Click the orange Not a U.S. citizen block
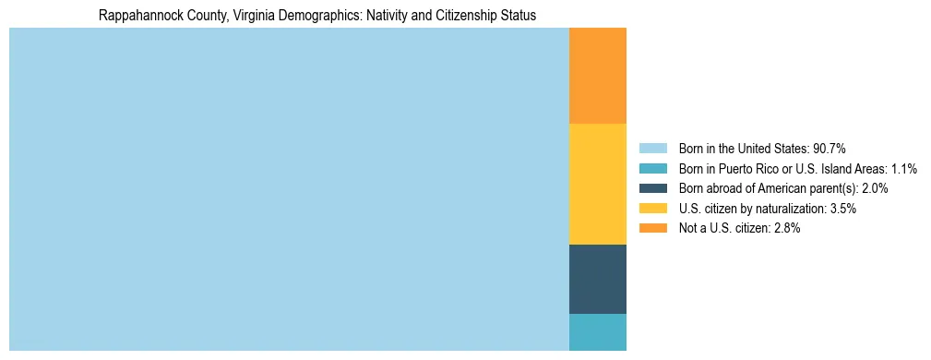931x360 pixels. [x=597, y=76]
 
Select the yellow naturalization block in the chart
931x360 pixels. [x=597, y=184]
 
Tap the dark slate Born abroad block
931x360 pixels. [x=597, y=279]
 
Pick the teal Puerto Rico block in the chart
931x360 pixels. [x=597, y=331]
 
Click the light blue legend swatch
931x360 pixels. [x=652, y=149]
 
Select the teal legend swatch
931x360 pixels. [x=652, y=169]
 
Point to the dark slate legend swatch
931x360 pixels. [x=652, y=188]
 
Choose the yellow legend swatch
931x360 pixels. [x=652, y=209]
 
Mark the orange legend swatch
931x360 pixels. [x=652, y=228]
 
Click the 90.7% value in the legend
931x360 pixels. [x=829, y=149]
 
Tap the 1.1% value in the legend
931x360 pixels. [x=903, y=169]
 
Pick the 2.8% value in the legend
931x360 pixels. [x=785, y=228]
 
